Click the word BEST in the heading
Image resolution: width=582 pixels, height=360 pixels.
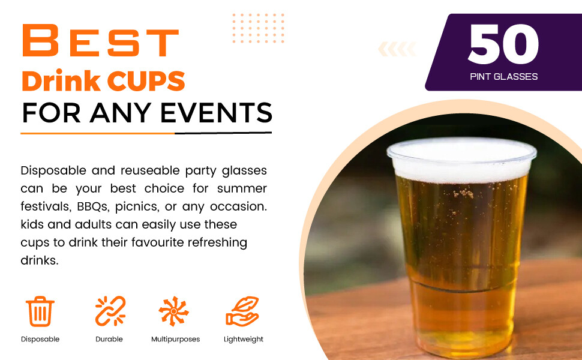point(100,41)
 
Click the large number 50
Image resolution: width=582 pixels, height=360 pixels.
point(503,44)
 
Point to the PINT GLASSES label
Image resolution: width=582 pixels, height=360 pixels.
point(503,76)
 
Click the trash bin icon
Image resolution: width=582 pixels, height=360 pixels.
point(40,311)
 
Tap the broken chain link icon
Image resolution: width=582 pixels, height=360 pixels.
point(110,311)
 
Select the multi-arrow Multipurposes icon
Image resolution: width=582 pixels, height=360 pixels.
point(174,311)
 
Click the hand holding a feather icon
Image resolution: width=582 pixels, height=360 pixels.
point(242,311)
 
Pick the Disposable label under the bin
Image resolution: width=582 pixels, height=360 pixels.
point(40,339)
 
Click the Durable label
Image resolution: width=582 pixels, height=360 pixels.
point(109,339)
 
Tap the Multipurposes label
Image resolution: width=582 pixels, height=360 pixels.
point(175,339)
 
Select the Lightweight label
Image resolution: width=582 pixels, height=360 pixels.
point(243,339)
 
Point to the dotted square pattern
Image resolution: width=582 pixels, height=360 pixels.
point(258,28)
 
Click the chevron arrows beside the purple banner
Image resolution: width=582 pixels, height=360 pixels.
point(397,49)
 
